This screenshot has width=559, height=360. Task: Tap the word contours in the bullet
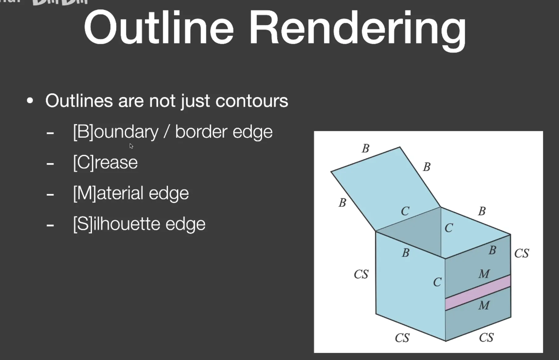coord(252,101)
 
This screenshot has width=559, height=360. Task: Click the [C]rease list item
coord(105,163)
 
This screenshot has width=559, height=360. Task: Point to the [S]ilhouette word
coord(116,224)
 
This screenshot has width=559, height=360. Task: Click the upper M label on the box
coord(484,274)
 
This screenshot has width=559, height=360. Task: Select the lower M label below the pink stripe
coord(484,305)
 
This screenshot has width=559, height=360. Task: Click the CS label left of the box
coord(361,274)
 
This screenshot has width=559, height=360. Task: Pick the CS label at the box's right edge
coord(522,253)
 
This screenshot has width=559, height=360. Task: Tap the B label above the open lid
coord(365,149)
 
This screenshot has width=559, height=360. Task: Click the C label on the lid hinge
coord(405,211)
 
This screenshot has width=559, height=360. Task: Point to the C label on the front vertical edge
coord(437,282)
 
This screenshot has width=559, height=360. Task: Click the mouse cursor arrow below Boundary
coord(131,146)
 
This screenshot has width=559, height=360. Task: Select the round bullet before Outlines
coord(30,101)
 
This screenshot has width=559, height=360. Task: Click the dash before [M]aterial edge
coord(50,195)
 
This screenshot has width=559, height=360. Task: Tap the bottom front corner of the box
coord(446,341)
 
